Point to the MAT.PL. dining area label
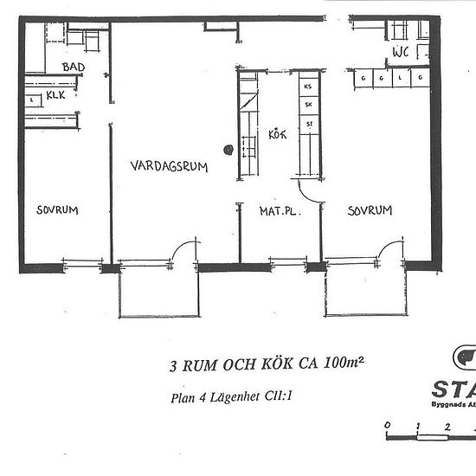click(279, 209)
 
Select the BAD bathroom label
click(73, 67)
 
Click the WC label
click(401, 52)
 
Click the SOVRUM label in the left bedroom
click(58, 209)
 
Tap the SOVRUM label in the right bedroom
click(370, 209)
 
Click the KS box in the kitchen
click(307, 87)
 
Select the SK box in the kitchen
click(307, 106)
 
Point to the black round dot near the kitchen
click(228, 149)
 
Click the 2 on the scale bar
click(447, 426)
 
